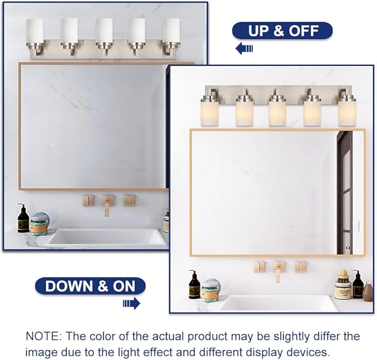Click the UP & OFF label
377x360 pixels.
[282, 31]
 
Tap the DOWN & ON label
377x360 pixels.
[90, 286]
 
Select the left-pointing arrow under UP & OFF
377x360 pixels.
[244, 49]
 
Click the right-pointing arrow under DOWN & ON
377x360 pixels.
[131, 303]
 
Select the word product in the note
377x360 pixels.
[183, 337]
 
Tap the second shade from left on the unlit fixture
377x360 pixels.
[69, 30]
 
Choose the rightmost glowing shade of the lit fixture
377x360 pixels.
[346, 113]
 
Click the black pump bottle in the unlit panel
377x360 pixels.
[23, 219]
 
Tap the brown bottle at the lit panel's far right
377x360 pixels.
[368, 290]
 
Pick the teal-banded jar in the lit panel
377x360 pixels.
[210, 291]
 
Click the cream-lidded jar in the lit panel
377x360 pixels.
[342, 285]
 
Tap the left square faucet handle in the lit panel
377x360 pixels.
[259, 266]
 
